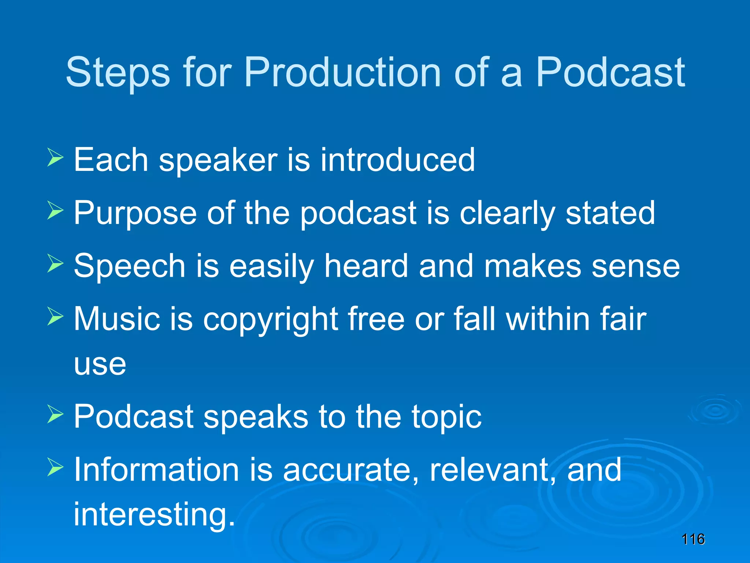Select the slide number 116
(693, 539)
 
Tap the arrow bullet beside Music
(55, 317)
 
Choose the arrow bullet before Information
(55, 467)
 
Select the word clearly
(507, 214)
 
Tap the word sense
(636, 267)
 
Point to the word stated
(610, 213)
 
